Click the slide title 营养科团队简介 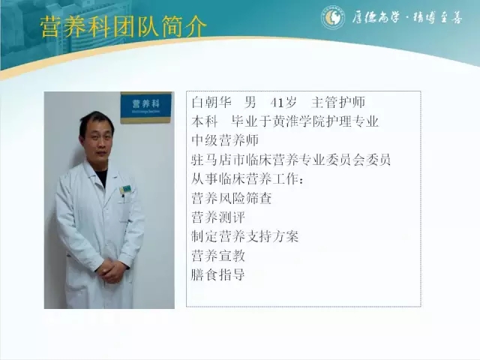pos(123,27)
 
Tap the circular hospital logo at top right pos(333,17)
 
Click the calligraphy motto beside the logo pos(406,17)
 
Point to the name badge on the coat pos(125,189)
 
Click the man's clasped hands pos(112,269)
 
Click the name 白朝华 pos(211,102)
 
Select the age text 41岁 pos(283,103)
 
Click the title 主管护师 pos(338,102)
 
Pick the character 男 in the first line pos(250,102)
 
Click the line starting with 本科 pos(285,121)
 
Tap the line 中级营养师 pos(225,140)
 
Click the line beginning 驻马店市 pos(291,160)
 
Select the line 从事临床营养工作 pos(247,179)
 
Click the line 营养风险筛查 pos(232,198)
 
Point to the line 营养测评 pos(218,217)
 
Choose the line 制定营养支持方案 pos(245,236)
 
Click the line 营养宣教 pos(218,256)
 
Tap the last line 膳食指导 pos(218,274)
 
